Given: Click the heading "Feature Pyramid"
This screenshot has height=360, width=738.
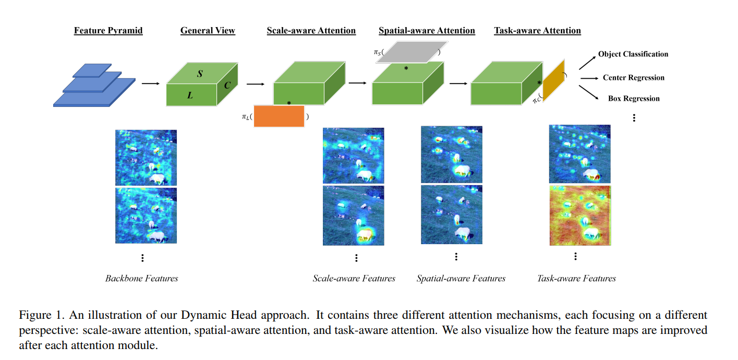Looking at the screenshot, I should tap(108, 30).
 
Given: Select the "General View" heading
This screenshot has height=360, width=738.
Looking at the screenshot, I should tap(208, 30).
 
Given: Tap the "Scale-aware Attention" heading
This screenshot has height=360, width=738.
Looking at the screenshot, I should tap(311, 30).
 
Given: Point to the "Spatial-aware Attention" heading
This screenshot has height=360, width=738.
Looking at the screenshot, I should tap(427, 30).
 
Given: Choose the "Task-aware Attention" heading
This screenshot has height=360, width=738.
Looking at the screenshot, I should tap(537, 30).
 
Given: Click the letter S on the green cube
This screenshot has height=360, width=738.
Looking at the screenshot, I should tap(200, 74).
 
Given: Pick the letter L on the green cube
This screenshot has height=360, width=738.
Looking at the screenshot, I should tap(190, 95).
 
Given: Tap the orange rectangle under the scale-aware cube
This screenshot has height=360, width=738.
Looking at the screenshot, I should tap(279, 116).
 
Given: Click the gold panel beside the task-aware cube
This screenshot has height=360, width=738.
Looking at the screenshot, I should tap(553, 80).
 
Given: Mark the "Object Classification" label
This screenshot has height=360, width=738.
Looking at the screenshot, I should tap(633, 54).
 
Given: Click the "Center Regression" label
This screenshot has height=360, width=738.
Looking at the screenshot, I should tap(633, 78).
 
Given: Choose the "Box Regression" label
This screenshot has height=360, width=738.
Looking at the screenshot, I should tap(634, 99).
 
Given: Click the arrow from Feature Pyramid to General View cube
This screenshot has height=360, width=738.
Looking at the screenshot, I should tap(151, 83).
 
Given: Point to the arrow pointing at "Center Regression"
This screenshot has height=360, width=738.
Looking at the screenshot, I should tap(588, 78).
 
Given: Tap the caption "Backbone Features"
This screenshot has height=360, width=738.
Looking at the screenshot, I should tap(141, 278).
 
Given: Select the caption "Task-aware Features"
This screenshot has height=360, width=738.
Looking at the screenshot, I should tap(576, 278).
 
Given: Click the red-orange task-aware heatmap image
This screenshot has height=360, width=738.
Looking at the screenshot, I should tap(580, 215).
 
